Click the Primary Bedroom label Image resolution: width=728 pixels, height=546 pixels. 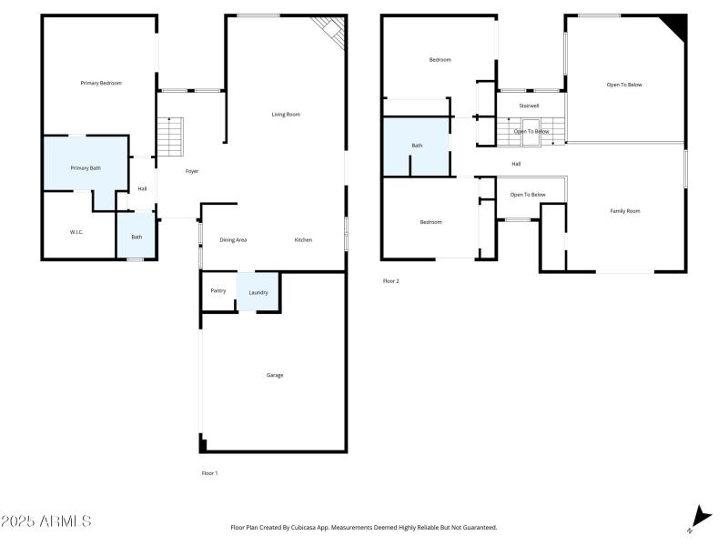(x=100, y=83)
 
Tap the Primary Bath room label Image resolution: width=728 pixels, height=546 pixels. (x=86, y=168)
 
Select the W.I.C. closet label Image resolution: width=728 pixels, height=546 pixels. (x=76, y=232)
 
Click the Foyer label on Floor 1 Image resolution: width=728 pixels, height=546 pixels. (x=192, y=171)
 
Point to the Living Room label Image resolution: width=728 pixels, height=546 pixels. (x=286, y=115)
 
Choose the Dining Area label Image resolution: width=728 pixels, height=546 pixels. (x=233, y=239)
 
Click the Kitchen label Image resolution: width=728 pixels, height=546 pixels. (x=303, y=239)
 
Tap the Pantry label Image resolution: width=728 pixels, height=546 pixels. (x=218, y=290)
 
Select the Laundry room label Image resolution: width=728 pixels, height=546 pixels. (x=258, y=292)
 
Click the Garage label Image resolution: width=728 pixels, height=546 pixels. (x=275, y=375)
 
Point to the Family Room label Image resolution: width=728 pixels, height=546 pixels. (x=625, y=210)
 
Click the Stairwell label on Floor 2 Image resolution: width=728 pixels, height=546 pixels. (x=530, y=106)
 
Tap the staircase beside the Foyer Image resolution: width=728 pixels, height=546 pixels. (x=170, y=136)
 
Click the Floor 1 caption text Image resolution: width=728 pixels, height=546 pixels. (x=209, y=473)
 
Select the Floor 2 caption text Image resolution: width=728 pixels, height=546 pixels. (x=390, y=281)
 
